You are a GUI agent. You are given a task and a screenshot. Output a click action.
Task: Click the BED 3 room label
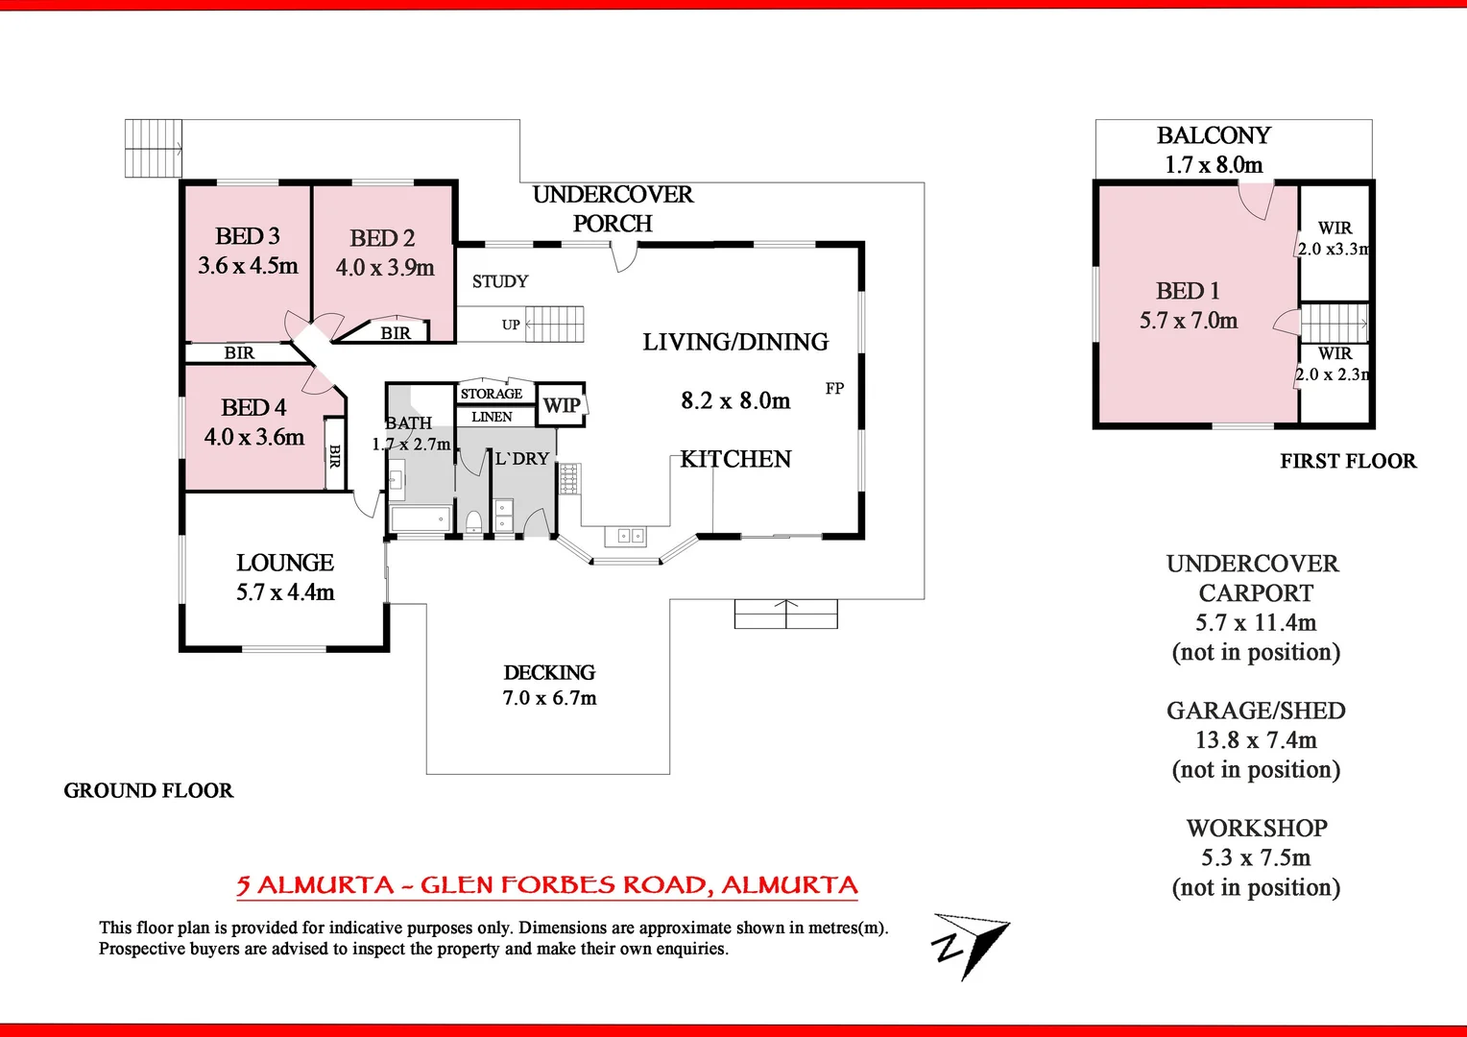tap(248, 236)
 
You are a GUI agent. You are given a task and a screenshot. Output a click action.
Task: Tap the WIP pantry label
tap(562, 405)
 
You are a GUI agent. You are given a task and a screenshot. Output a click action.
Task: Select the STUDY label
tap(500, 281)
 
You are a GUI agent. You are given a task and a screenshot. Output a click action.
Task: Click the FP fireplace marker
tap(834, 389)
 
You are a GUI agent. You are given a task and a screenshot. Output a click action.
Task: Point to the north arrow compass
tap(970, 945)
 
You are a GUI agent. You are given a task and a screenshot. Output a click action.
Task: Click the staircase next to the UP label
tap(555, 325)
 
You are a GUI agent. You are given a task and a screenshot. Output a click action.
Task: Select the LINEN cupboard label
tap(492, 417)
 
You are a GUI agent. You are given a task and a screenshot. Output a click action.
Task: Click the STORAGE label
tap(492, 394)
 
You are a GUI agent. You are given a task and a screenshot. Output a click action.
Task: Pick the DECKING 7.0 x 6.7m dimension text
tap(549, 698)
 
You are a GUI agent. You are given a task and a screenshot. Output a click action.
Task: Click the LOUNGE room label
tap(285, 563)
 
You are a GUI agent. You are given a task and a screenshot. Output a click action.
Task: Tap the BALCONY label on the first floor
tap(1214, 135)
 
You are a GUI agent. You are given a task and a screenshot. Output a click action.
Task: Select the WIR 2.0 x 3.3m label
tap(1335, 238)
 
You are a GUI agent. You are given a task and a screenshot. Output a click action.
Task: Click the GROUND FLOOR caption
tap(149, 790)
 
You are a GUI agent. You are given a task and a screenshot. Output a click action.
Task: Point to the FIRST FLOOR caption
tap(1348, 461)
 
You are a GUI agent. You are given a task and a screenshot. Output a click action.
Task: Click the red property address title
tap(547, 885)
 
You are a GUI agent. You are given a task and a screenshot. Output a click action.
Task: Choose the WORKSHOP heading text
tap(1257, 828)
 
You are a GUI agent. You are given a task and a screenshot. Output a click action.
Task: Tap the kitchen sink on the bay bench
tap(625, 535)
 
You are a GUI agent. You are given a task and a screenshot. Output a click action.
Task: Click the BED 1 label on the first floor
tap(1188, 291)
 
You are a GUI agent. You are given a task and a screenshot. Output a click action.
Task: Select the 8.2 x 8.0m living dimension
tap(735, 400)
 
